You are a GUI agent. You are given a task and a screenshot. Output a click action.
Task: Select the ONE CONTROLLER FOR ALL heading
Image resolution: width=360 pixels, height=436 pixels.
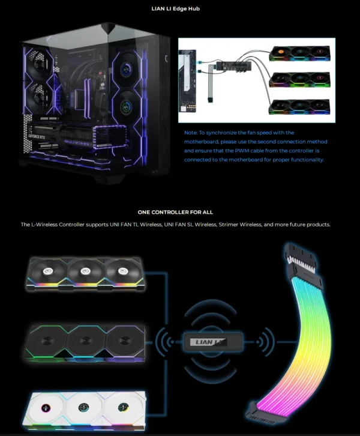[175, 212]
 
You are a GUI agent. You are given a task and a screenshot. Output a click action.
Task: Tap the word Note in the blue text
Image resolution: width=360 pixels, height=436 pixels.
[190, 132]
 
